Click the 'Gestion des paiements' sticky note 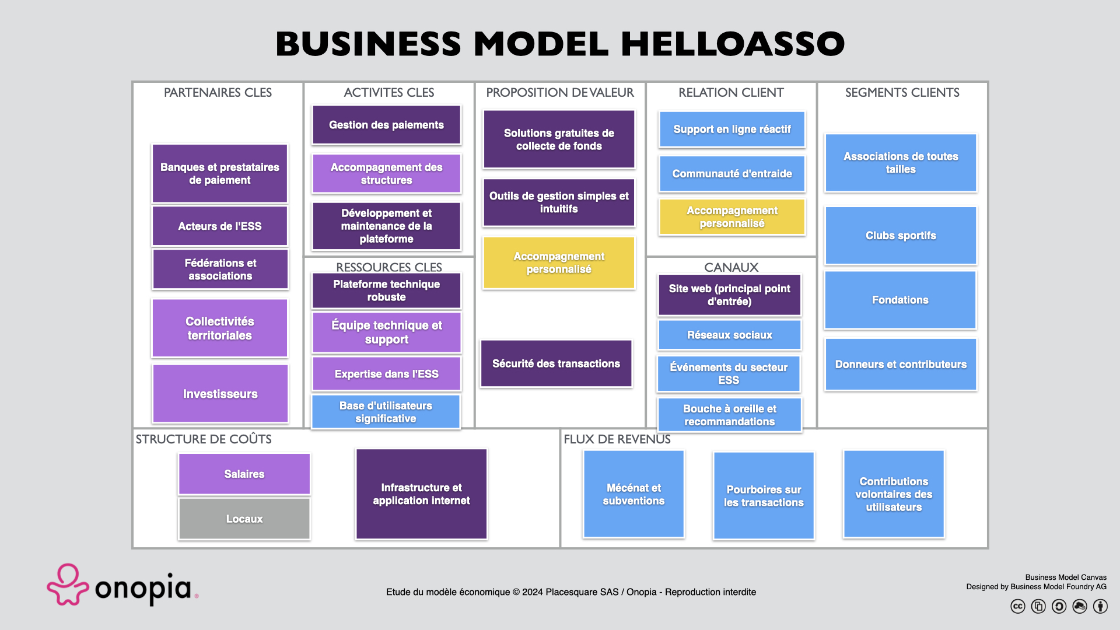point(386,125)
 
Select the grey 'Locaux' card point(244,519)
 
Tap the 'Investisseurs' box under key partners point(220,394)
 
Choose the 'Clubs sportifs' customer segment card point(901,236)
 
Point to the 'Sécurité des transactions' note point(556,363)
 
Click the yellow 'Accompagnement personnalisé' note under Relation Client point(732,217)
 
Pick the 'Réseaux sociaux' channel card point(729,335)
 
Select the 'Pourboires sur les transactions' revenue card point(764,496)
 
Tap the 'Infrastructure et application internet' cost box point(421,494)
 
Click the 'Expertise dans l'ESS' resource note point(386,374)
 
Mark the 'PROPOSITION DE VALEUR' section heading point(559,92)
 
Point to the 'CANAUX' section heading point(731,267)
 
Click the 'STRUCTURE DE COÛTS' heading point(204,439)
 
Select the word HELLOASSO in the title point(732,44)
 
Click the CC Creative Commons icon point(1017,607)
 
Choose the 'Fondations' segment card point(900,300)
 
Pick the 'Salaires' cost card point(244,474)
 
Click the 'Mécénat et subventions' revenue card point(633,494)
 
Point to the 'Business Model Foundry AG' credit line point(1036,587)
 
